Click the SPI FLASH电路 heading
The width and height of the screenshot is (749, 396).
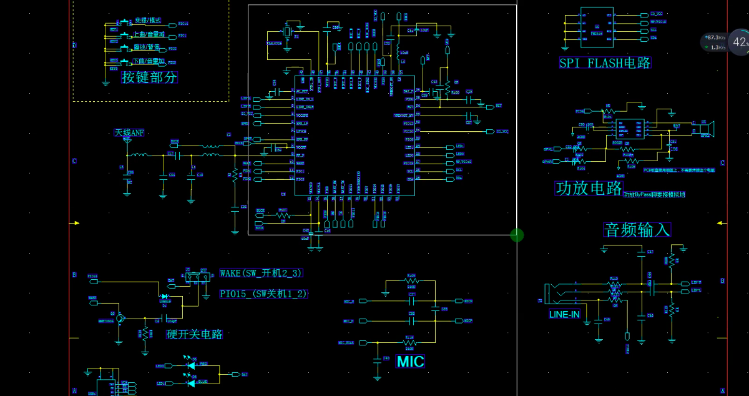click(x=605, y=63)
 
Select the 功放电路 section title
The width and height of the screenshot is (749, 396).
click(x=589, y=188)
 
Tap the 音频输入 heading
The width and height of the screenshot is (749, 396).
click(x=637, y=230)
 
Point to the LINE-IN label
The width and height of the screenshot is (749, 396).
click(x=564, y=315)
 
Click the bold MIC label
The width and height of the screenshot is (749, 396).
click(x=410, y=362)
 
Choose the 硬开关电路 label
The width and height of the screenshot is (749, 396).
click(x=194, y=334)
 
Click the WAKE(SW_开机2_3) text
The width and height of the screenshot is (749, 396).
click(x=261, y=274)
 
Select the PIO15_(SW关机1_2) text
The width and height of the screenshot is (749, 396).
click(x=263, y=294)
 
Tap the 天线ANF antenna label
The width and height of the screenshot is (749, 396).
click(x=129, y=133)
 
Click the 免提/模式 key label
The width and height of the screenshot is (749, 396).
click(x=147, y=21)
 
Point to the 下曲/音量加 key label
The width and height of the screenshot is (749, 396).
click(x=149, y=61)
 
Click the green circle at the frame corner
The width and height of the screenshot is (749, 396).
click(x=517, y=235)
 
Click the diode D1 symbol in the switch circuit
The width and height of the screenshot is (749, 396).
click(x=165, y=297)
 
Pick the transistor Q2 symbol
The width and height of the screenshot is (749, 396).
click(x=120, y=318)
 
